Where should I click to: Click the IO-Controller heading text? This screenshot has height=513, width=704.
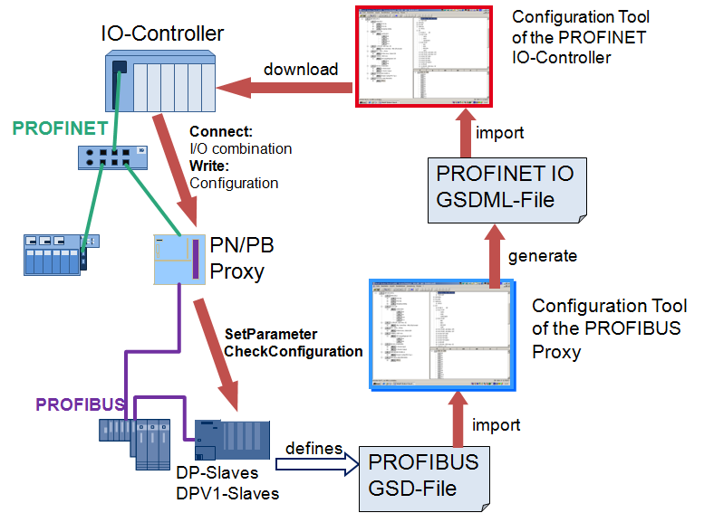click(x=162, y=33)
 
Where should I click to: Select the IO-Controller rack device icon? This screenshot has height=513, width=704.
click(x=160, y=81)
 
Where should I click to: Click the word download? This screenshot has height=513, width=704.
click(x=301, y=69)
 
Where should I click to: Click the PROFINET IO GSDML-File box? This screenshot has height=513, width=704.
click(x=506, y=186)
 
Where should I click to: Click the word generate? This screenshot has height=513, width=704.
click(x=542, y=255)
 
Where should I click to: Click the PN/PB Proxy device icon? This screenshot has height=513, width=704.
click(x=178, y=260)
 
